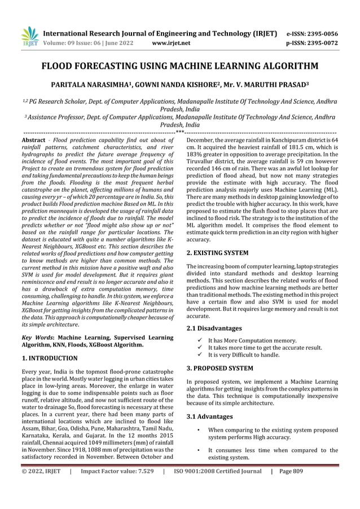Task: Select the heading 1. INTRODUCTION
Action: [x=49, y=358]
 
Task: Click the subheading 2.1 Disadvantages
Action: [x=214, y=328]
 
